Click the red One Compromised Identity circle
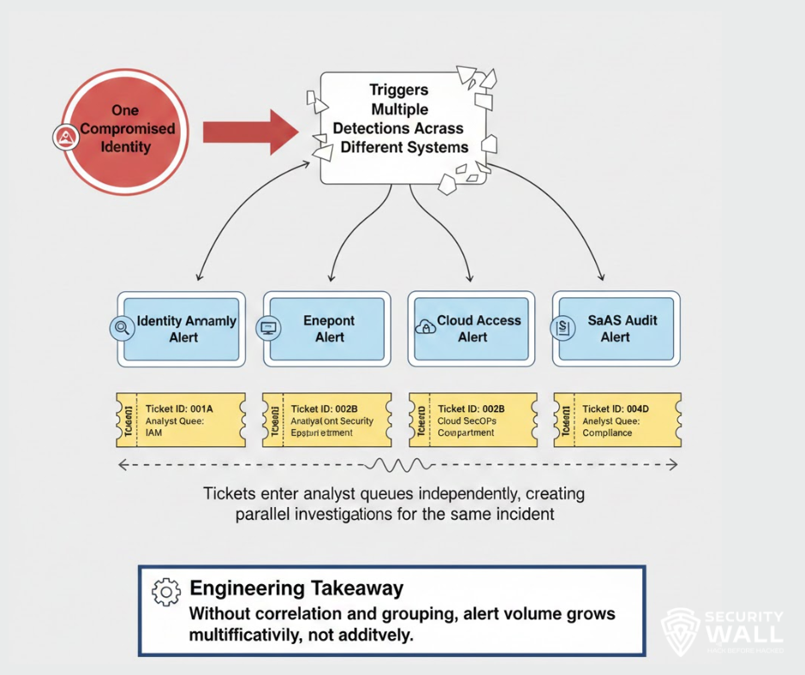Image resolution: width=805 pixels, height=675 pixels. click(x=120, y=128)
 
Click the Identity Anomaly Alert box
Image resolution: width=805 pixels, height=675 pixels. click(x=182, y=329)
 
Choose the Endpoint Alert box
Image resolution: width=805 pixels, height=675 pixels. click(x=329, y=329)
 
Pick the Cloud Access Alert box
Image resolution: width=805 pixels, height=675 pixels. click(x=474, y=329)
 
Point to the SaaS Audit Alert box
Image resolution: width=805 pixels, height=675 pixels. click(x=617, y=329)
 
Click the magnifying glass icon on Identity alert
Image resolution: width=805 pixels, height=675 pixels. click(x=122, y=327)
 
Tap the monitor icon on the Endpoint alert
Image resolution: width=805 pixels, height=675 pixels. click(x=268, y=327)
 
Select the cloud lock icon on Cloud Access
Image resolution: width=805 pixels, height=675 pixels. click(x=423, y=327)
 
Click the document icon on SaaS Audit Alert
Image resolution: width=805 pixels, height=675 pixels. click(x=563, y=327)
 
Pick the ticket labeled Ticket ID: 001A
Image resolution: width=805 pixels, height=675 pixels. click(x=181, y=420)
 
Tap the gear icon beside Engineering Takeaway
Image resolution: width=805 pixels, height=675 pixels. click(x=165, y=592)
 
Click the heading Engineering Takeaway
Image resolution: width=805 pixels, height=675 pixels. click(x=296, y=588)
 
